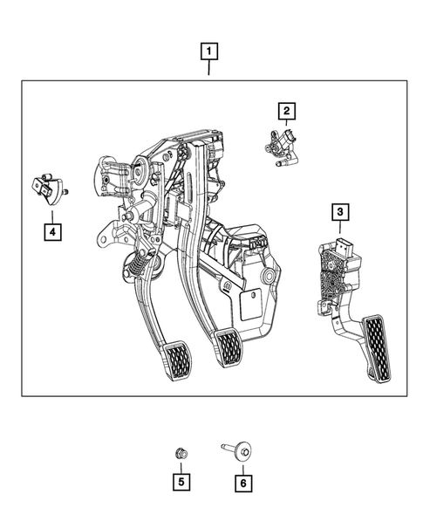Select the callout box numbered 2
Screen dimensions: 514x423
click(x=286, y=111)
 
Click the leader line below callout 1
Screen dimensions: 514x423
click(x=209, y=70)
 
